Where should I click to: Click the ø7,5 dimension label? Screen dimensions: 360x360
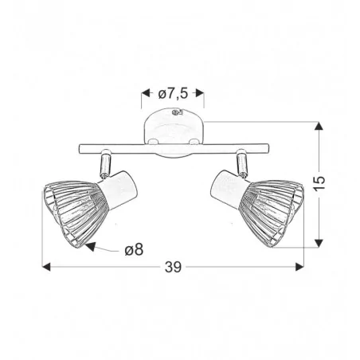pyautogui.click(x=174, y=94)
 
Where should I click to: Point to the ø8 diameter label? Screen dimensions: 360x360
pyautogui.click(x=134, y=249)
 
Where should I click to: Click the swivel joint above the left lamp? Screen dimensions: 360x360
pyautogui.click(x=104, y=165)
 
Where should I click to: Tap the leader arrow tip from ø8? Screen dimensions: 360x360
pyautogui.click(x=87, y=246)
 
